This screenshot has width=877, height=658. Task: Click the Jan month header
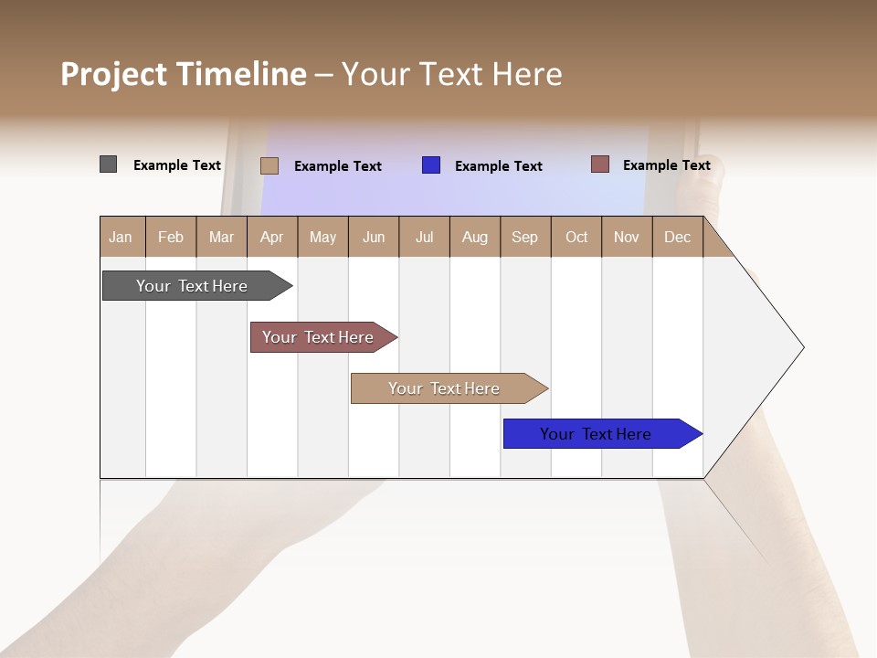coord(122,237)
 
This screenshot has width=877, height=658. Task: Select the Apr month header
coord(272,237)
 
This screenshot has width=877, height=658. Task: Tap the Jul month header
coord(425,237)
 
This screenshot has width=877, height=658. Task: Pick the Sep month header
coord(525,237)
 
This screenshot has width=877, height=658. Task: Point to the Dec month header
coord(678,237)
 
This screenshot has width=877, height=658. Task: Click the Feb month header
coord(171,237)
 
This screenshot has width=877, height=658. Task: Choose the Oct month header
coord(576,237)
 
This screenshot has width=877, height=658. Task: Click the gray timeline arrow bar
coord(192,286)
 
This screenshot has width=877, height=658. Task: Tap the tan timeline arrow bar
coord(445,388)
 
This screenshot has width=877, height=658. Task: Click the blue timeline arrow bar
coord(597,434)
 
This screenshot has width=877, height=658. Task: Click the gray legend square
coord(108,164)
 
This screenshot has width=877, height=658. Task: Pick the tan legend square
coord(269,165)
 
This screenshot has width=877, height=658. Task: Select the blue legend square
coord(431,165)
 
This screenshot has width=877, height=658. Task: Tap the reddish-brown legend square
coord(599,164)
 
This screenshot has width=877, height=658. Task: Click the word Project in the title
coord(112,74)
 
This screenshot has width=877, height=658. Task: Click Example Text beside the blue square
coord(498,166)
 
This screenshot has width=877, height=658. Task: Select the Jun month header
coord(374,237)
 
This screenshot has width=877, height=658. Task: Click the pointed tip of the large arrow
coord(800,347)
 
